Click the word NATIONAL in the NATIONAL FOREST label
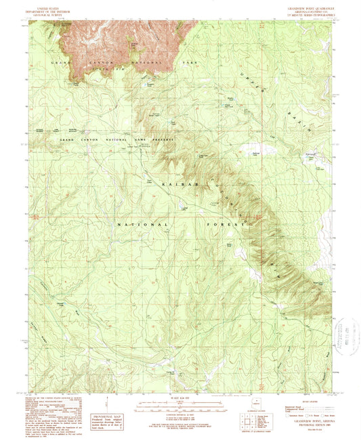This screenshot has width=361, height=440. coord(143,223)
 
